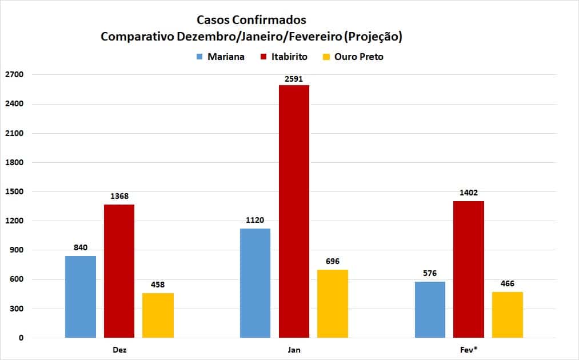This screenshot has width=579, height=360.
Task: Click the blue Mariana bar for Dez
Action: click(x=81, y=297)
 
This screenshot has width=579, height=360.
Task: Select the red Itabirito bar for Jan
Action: click(x=294, y=211)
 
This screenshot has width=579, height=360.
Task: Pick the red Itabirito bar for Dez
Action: click(x=119, y=271)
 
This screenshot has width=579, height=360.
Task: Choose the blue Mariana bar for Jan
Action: click(x=255, y=283)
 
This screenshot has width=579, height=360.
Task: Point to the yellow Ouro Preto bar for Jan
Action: click(x=332, y=303)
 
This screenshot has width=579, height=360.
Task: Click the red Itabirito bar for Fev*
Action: click(x=468, y=269)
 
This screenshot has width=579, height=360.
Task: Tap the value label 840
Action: click(x=81, y=248)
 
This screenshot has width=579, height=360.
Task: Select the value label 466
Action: click(x=507, y=284)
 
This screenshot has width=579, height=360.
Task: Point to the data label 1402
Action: click(x=469, y=193)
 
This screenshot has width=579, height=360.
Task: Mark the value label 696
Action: click(x=332, y=261)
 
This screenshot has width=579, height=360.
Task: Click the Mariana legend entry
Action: click(x=220, y=57)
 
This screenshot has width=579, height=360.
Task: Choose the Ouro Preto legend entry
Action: click(x=353, y=57)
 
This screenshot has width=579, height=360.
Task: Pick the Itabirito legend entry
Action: click(x=284, y=57)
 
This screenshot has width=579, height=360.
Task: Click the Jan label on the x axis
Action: click(x=294, y=350)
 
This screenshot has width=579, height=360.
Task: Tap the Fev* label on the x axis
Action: click(x=469, y=350)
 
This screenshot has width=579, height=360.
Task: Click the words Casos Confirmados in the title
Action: click(x=251, y=20)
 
